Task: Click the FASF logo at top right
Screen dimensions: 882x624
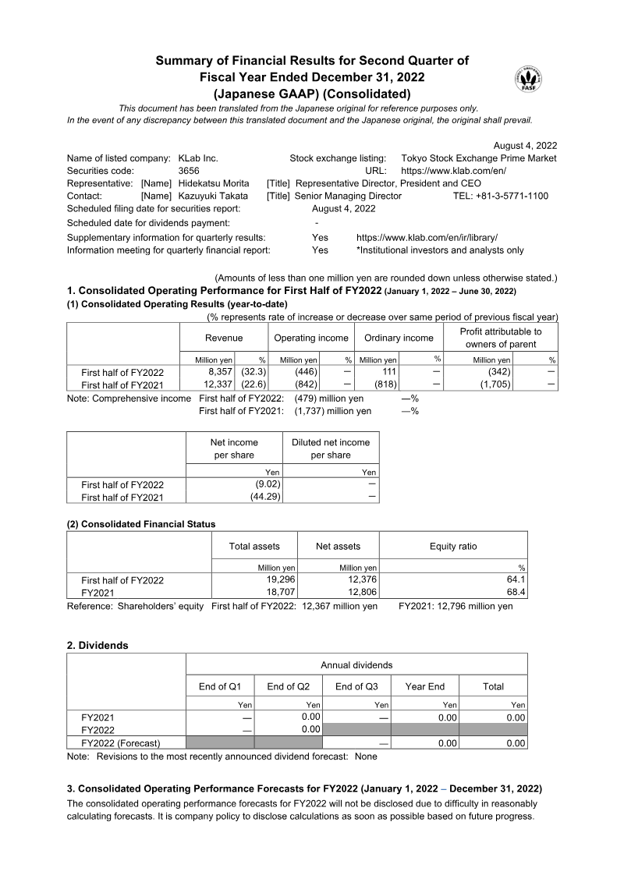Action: [528, 80]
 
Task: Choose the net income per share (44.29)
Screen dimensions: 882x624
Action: [265, 497]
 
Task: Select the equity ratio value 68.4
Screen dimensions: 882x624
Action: [517, 592]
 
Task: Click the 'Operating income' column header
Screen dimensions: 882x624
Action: [310, 338]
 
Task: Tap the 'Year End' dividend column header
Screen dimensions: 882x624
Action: [424, 686]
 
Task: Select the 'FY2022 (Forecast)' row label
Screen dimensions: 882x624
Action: [121, 743]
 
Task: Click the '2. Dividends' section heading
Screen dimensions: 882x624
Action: [97, 646]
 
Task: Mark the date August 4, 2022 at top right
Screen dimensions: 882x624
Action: [526, 146]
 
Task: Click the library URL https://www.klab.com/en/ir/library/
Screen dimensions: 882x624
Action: [427, 237]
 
